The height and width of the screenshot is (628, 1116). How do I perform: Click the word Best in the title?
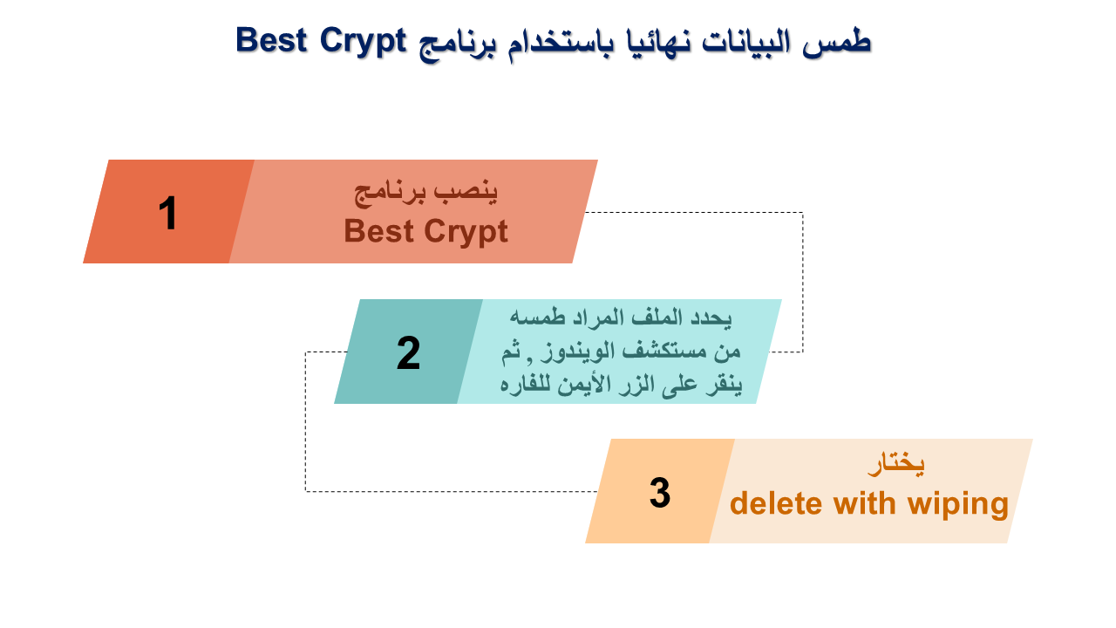pyautogui.click(x=271, y=40)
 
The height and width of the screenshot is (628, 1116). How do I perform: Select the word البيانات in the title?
pyautogui.click(x=745, y=42)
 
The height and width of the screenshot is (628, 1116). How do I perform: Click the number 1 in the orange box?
pyautogui.click(x=168, y=213)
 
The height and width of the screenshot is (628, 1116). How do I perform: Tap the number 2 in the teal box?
pyautogui.click(x=409, y=353)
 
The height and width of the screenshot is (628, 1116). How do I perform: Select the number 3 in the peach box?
pyautogui.click(x=660, y=493)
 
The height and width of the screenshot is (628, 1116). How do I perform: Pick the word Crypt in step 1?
pyautogui.click(x=466, y=233)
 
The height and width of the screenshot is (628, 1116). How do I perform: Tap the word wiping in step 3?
pyautogui.click(x=958, y=505)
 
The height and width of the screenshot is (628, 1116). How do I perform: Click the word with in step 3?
pyautogui.click(x=865, y=503)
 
